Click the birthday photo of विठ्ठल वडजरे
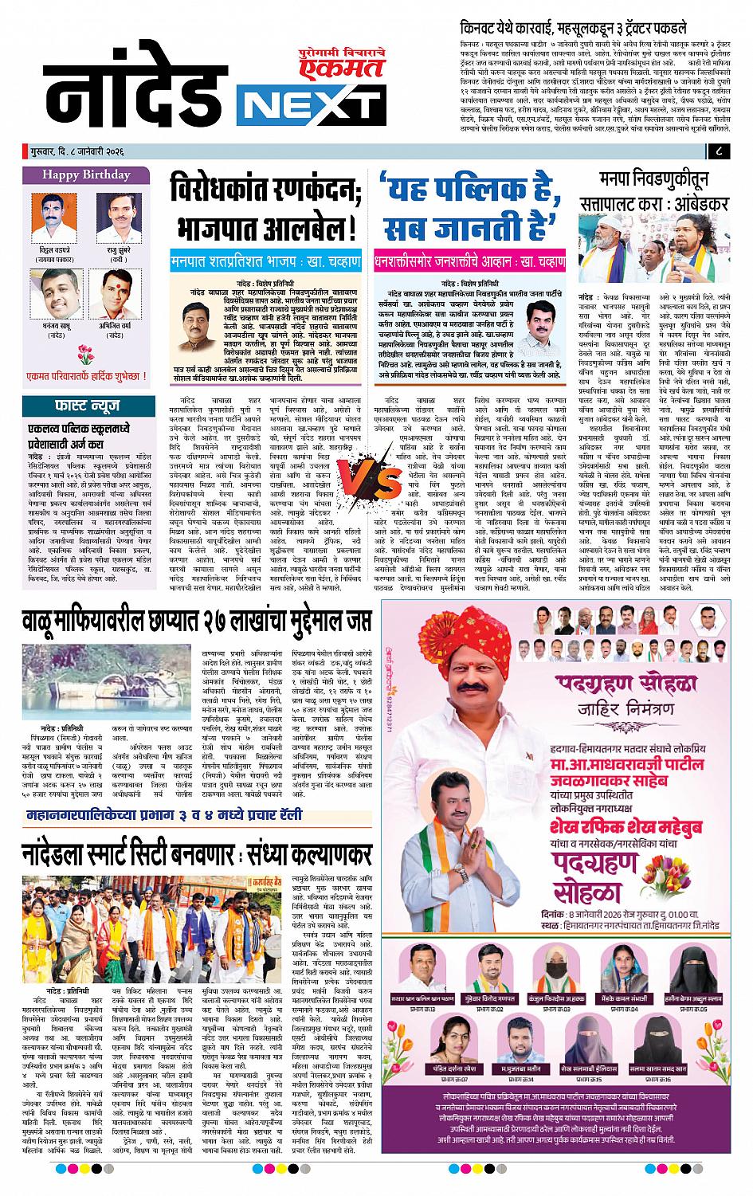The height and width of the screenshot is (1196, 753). tap(53, 213)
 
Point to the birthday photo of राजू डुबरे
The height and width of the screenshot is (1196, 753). tap(118, 213)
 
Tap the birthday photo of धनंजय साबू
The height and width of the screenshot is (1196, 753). tap(53, 293)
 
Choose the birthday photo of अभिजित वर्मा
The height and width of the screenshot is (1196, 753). tap(118, 293)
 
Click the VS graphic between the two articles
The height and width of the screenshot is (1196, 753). tap(363, 474)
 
